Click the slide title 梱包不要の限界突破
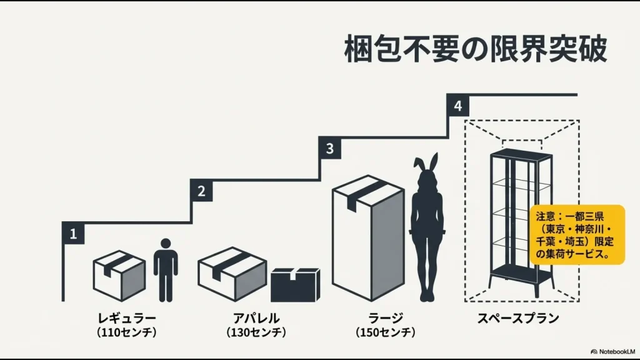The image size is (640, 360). click(475, 49)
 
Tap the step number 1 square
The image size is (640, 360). click(74, 234)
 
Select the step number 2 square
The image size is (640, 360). click(201, 191)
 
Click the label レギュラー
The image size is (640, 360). click(127, 317)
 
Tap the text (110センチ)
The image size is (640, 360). click(127, 332)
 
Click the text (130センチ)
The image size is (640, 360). click(256, 332)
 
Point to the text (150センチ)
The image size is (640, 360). click(385, 332)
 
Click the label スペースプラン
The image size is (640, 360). click(518, 317)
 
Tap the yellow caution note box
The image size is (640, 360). click(577, 234)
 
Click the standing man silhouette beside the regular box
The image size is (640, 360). click(166, 269)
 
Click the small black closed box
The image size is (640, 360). click(295, 286)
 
